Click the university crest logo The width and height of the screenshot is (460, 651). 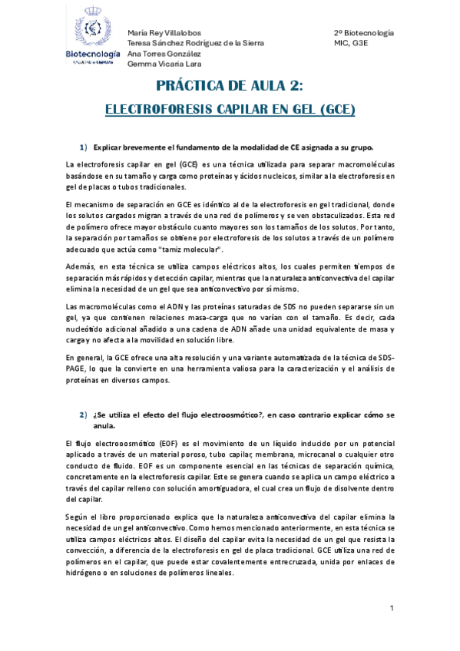[x=91, y=28]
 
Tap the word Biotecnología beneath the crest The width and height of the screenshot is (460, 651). [x=92, y=55]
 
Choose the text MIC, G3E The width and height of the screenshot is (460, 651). [x=351, y=44]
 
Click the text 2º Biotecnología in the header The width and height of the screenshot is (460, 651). [x=364, y=34]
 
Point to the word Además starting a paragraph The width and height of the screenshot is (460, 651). [x=81, y=266]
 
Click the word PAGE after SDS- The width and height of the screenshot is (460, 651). [x=78, y=369]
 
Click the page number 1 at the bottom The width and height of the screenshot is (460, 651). [x=392, y=609]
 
